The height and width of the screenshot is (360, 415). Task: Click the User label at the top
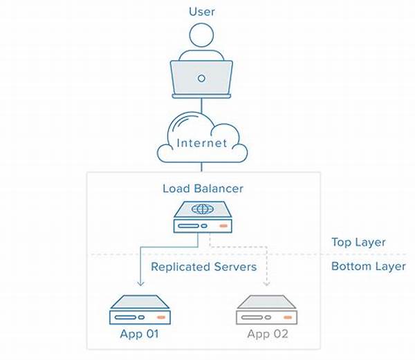pyautogui.click(x=202, y=12)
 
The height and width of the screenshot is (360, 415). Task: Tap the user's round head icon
pyautogui.click(x=201, y=35)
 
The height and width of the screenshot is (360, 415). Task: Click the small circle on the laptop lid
pyautogui.click(x=201, y=78)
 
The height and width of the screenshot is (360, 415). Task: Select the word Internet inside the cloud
pyautogui.click(x=202, y=143)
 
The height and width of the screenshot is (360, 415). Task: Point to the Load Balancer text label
pyautogui.click(x=203, y=189)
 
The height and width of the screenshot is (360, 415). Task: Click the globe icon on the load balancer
pyautogui.click(x=203, y=209)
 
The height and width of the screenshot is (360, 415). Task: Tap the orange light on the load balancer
pyautogui.click(x=223, y=226)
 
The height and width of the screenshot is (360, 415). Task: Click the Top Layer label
pyautogui.click(x=358, y=243)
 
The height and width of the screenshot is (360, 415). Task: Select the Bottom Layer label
pyautogui.click(x=369, y=266)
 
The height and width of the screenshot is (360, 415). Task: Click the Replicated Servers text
pyautogui.click(x=204, y=267)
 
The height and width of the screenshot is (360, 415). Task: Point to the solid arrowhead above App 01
pyautogui.click(x=140, y=283)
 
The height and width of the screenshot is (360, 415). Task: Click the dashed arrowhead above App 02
pyautogui.click(x=266, y=283)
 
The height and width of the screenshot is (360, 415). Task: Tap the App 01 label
pyautogui.click(x=140, y=334)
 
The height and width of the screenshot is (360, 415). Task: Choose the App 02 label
pyautogui.click(x=268, y=334)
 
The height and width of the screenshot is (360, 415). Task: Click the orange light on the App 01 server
pyautogui.click(x=161, y=317)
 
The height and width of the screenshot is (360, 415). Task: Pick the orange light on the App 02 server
pyautogui.click(x=288, y=317)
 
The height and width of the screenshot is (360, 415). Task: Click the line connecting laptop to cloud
pyautogui.click(x=201, y=106)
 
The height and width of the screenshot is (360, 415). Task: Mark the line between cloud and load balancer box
pyautogui.click(x=201, y=167)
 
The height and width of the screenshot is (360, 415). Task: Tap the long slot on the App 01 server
pyautogui.click(x=125, y=317)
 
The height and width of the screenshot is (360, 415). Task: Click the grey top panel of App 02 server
pyautogui.click(x=266, y=302)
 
